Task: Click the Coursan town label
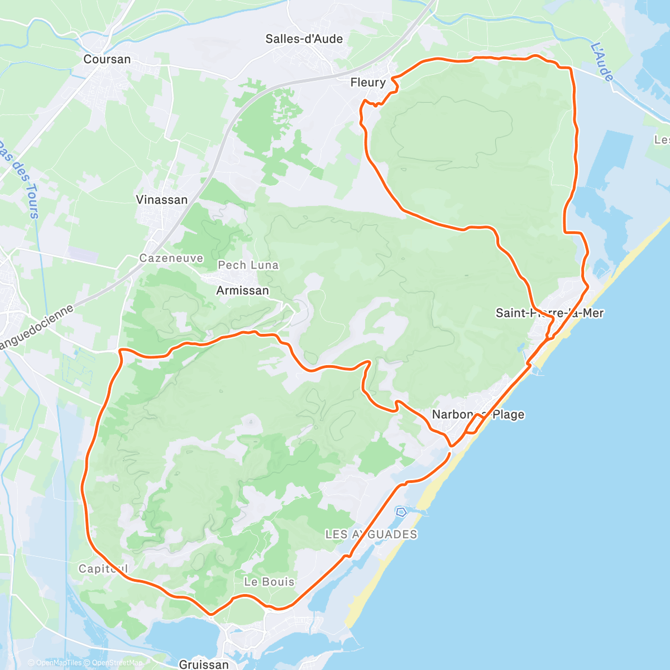[107, 59]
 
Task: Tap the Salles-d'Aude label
[304, 39]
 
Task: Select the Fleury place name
[368, 83]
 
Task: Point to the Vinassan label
[162, 200]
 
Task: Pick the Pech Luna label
[248, 265]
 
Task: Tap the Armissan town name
[242, 290]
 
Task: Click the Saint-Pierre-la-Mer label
[549, 313]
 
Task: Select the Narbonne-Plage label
[478, 414]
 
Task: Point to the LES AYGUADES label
[371, 534]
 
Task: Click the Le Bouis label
[269, 582]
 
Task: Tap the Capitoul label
[103, 569]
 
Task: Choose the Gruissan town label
[204, 664]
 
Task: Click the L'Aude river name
[602, 62]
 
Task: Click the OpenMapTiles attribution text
[59, 663]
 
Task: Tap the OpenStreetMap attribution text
[117, 663]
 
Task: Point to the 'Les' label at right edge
[662, 140]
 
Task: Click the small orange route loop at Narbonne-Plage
[474, 424]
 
